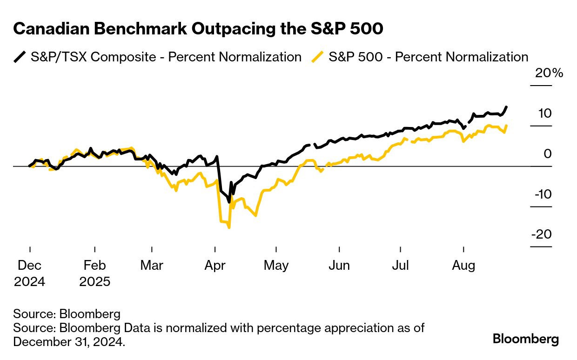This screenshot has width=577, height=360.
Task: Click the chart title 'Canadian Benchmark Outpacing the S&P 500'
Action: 198,29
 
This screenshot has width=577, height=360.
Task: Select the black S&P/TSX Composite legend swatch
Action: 20,57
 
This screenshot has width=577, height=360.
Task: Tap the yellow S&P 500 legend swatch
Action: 318,57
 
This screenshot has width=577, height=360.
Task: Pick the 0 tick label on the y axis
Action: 547,153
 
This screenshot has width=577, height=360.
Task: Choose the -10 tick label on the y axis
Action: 543,194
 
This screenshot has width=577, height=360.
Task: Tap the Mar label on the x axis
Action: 152,266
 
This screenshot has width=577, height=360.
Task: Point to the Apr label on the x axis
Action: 215,266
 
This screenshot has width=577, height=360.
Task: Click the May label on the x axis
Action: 276,266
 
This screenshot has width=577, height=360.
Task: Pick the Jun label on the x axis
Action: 339,266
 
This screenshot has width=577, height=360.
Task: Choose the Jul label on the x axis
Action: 400,266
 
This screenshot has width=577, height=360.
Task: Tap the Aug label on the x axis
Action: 464,266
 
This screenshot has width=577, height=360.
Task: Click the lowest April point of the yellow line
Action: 229,227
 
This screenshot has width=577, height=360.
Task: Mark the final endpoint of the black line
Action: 506,107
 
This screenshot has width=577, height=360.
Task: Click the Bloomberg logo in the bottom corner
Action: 526,339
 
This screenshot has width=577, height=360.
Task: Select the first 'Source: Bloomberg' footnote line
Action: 67,313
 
